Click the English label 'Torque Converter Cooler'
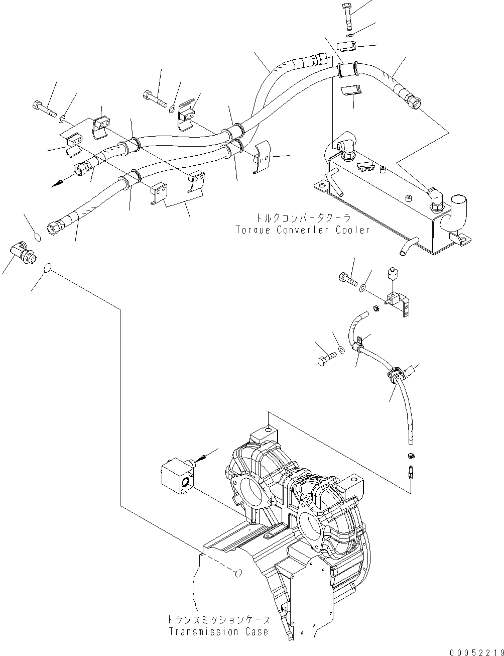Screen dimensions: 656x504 tap(303, 230)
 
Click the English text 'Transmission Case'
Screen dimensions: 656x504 tap(218, 631)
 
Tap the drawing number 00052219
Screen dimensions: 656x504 tap(476, 651)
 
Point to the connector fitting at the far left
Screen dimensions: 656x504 tap(23, 250)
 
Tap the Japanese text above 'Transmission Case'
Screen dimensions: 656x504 tap(219, 620)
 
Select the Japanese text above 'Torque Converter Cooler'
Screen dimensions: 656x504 tap(303, 218)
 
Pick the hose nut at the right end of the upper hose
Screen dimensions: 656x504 tap(413, 101)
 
